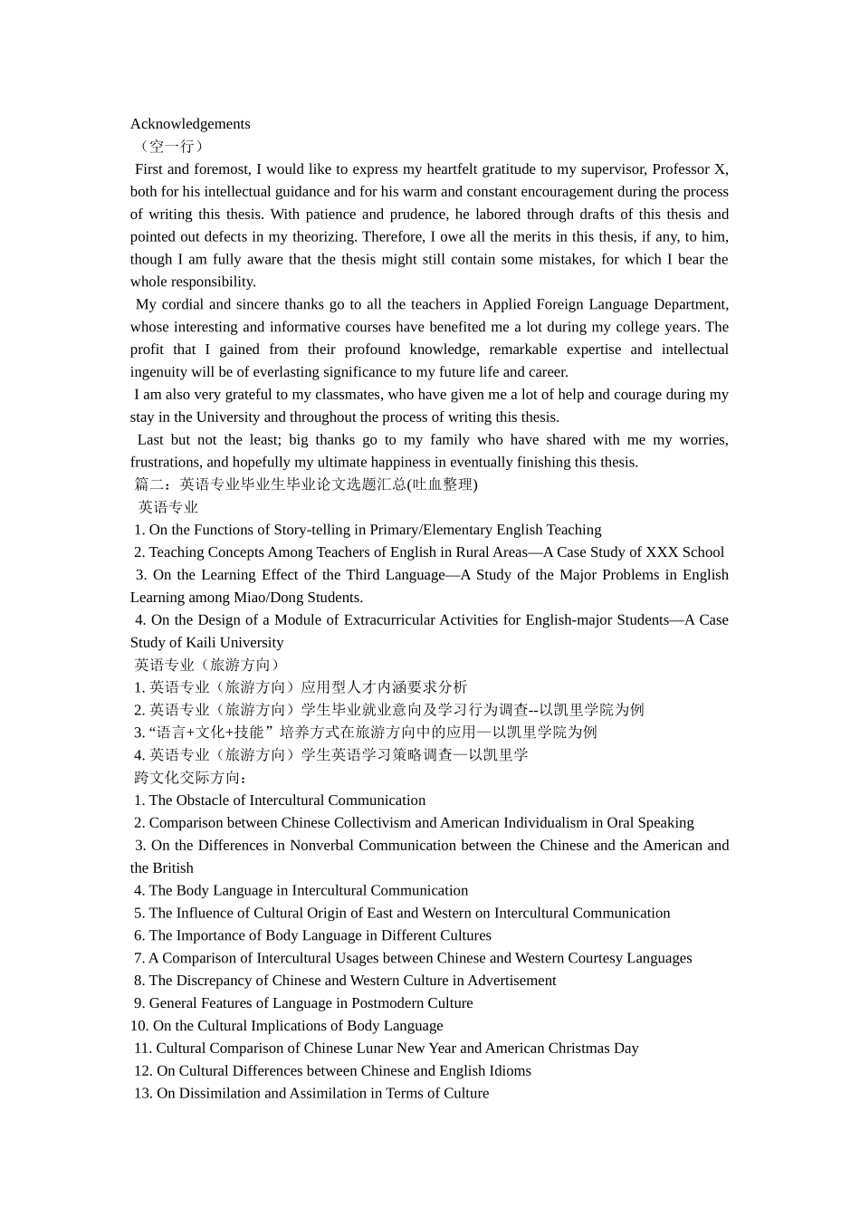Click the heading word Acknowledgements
pyautogui.click(x=190, y=124)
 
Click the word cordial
pyautogui.click(x=187, y=304)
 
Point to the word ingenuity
pyautogui.click(x=159, y=372)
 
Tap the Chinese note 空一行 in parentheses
pyautogui.click(x=170, y=147)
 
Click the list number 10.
pyautogui.click(x=139, y=1026)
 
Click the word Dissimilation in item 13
pyautogui.click(x=219, y=1094)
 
